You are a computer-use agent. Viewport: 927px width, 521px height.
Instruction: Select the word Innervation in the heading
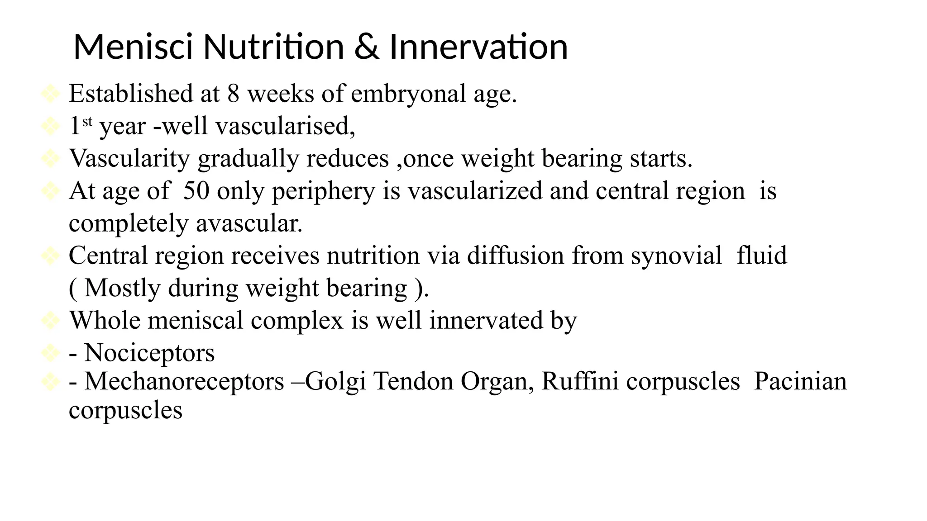click(x=478, y=47)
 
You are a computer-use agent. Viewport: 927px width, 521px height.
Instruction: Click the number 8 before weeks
click(x=233, y=94)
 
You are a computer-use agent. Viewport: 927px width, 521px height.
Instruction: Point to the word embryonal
click(x=408, y=94)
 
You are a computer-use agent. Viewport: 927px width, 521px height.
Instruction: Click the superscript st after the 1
click(x=87, y=121)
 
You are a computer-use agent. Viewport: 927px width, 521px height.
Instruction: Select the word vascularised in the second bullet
click(x=285, y=126)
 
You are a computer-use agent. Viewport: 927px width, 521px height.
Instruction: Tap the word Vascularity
click(x=129, y=159)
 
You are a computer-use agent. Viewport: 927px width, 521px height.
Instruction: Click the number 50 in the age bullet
click(x=196, y=190)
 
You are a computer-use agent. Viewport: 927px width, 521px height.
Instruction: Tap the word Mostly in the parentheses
click(x=122, y=289)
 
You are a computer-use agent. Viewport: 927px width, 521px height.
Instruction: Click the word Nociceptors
click(x=149, y=353)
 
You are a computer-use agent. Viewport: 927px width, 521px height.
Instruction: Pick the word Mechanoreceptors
click(x=184, y=381)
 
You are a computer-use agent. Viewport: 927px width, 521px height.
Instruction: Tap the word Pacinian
click(x=800, y=381)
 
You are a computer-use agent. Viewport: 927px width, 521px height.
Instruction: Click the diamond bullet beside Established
click(x=50, y=94)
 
